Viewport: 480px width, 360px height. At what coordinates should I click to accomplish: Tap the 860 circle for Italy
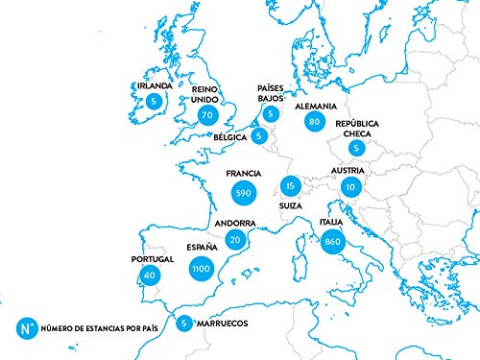point(332,241)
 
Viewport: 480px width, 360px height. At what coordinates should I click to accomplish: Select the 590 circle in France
point(242,194)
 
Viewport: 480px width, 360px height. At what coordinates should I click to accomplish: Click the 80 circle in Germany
point(313,122)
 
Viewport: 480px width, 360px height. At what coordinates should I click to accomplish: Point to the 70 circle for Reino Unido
point(205,115)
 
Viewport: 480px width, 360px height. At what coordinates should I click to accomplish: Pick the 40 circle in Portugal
point(148,275)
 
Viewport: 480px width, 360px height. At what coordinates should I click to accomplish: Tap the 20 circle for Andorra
point(235,240)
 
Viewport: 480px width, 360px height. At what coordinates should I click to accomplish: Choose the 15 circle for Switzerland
point(291,185)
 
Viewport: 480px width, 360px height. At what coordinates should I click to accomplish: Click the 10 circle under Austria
point(350,187)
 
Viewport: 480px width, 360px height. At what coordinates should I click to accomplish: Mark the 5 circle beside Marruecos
point(183,324)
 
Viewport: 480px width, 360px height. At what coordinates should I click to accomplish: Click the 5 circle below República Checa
point(357,149)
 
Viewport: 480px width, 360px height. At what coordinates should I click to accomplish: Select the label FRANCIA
point(242,174)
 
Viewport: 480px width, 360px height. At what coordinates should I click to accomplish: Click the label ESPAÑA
point(202,247)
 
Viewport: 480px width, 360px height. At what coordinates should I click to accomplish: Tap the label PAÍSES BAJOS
point(271,93)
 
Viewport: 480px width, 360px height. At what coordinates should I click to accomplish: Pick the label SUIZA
point(291,205)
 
